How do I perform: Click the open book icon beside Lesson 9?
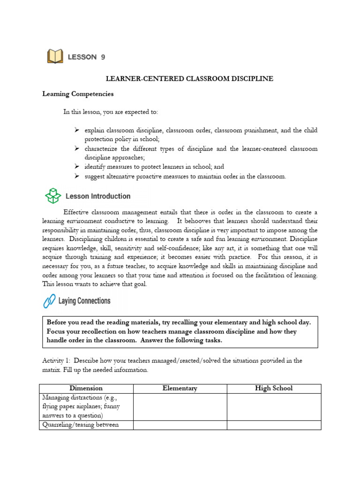pyautogui.click(x=55, y=57)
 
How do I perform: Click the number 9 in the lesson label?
pyautogui.click(x=102, y=57)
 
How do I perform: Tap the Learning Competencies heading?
pyautogui.click(x=78, y=94)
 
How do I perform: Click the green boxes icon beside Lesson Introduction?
pyautogui.click(x=53, y=196)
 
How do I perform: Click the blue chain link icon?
pyautogui.click(x=49, y=301)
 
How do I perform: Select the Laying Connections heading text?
pyautogui.click(x=84, y=301)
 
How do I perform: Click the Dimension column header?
pyautogui.click(x=86, y=388)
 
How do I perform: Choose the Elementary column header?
pyautogui.click(x=180, y=388)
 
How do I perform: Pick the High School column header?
pyautogui.click(x=274, y=388)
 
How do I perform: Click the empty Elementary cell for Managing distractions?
pyautogui.click(x=180, y=406)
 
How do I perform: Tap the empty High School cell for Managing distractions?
pyautogui.click(x=274, y=406)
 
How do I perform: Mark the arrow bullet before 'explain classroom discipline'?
pyautogui.click(x=77, y=130)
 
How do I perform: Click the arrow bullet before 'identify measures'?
pyautogui.click(x=77, y=166)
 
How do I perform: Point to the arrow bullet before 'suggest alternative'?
pyautogui.click(x=77, y=176)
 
